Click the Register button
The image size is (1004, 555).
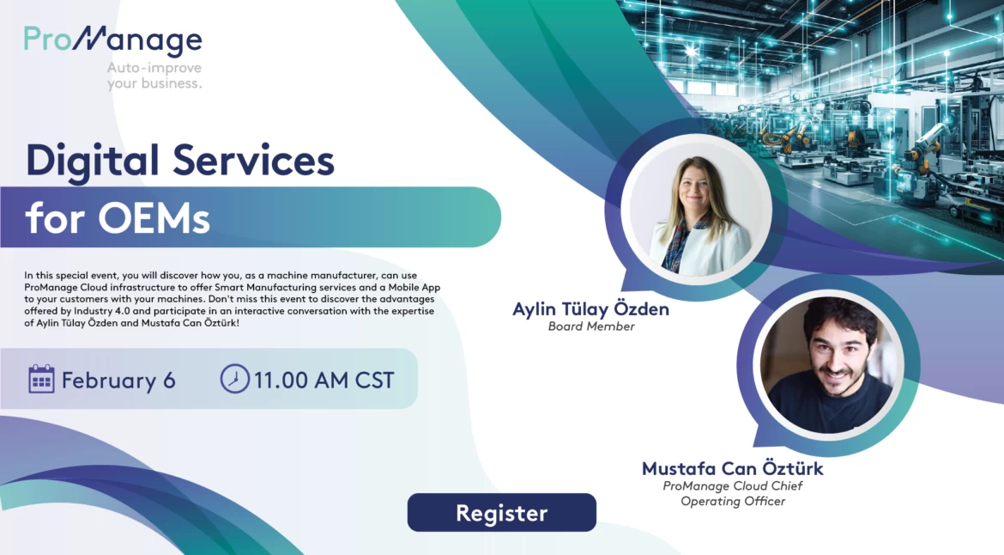coord(501,512)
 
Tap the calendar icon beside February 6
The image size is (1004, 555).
coord(42,379)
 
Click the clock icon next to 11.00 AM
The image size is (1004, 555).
coord(234,379)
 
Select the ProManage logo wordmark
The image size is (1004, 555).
coord(112,40)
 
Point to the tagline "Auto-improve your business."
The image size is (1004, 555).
coord(154,76)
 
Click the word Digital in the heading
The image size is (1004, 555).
coord(92,160)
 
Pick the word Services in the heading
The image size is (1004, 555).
coord(253,160)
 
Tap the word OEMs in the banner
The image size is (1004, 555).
coord(154,218)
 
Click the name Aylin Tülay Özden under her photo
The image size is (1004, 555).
coord(590,309)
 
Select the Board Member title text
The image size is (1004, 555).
coord(591,326)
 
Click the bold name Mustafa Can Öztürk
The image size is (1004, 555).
coord(733,468)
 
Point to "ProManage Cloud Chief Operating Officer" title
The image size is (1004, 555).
coord(733,493)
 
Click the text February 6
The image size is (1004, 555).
coord(118,381)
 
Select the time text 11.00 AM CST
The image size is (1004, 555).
coord(324,381)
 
